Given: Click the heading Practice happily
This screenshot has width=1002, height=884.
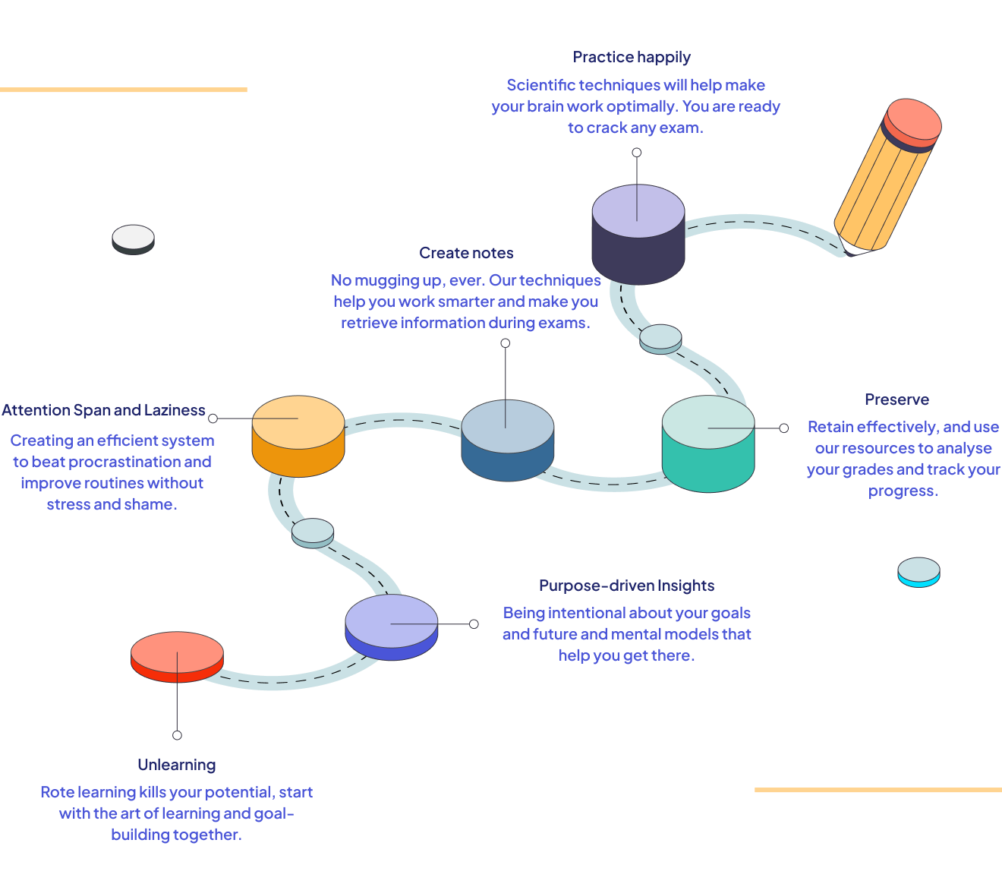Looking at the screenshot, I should click(632, 57).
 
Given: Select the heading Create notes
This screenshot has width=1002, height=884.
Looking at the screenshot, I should click(466, 253).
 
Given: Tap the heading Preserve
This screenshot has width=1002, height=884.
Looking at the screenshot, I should click(896, 399).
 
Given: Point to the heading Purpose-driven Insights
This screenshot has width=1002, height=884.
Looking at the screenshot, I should click(626, 586).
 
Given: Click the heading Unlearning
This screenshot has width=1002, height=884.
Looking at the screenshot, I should click(177, 765).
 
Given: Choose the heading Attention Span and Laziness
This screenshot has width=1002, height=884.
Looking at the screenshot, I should click(103, 410).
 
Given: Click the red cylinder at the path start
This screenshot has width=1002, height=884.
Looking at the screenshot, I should click(177, 657).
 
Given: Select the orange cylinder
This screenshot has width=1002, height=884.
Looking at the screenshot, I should click(298, 437).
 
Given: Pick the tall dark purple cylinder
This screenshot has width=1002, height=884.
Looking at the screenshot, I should click(638, 235).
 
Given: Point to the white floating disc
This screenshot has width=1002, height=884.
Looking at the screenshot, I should click(133, 239).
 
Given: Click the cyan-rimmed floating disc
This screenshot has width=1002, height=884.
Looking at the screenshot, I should click(918, 572).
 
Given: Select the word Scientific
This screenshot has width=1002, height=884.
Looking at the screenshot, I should click(540, 85).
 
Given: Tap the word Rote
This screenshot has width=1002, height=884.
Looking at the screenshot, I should click(57, 792).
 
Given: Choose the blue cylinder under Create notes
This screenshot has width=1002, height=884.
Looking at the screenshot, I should click(507, 440).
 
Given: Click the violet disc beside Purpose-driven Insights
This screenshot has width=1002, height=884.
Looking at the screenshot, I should click(391, 627).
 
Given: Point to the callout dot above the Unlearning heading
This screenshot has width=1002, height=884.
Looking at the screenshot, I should click(177, 735).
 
